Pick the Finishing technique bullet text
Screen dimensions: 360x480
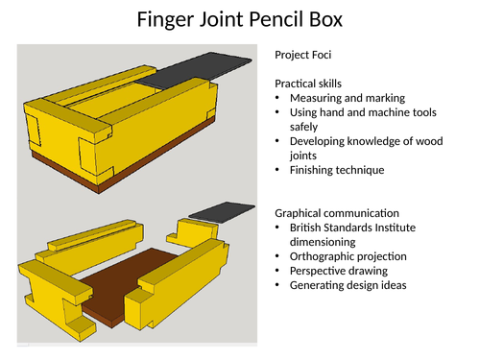(x=336, y=170)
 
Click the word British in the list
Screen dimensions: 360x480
(x=309, y=228)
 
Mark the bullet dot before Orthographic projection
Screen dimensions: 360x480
(x=278, y=257)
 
